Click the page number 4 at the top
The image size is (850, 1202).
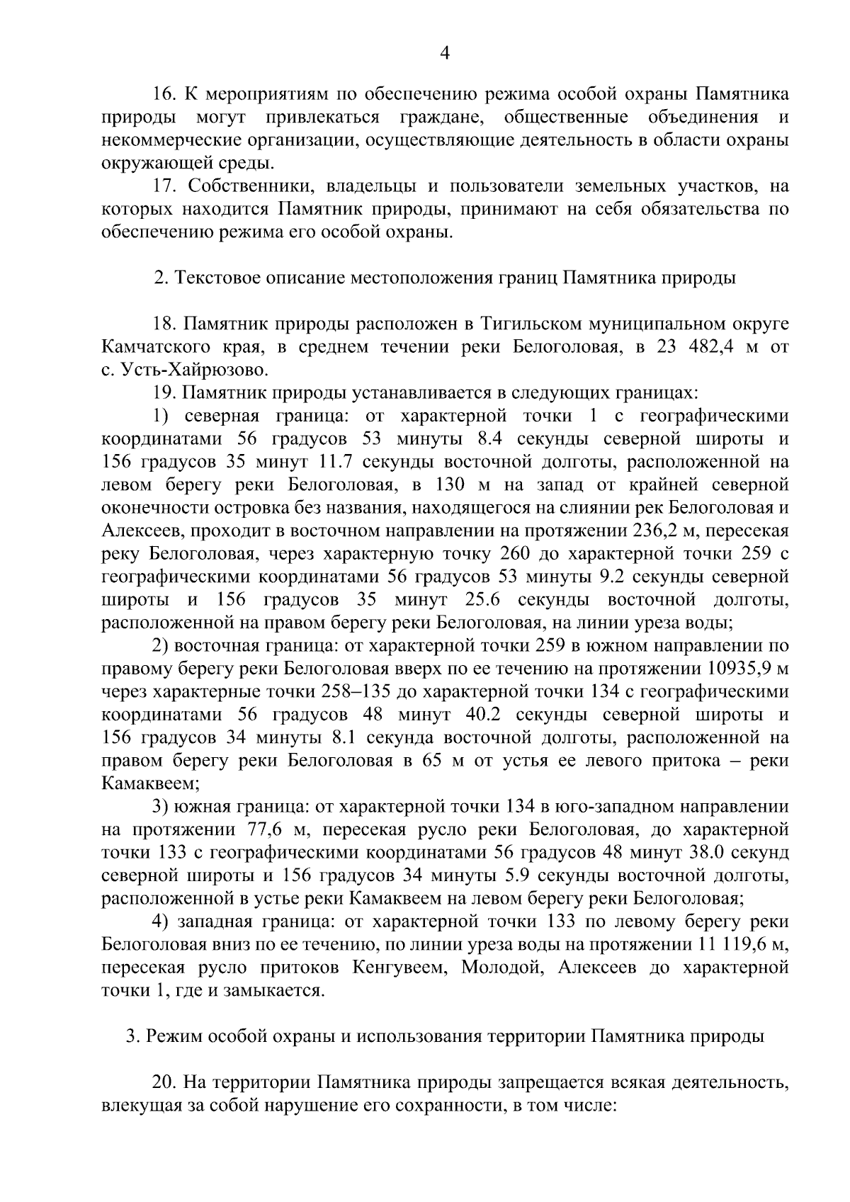[x=445, y=52]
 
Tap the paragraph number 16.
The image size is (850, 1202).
[x=164, y=93]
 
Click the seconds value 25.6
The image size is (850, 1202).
[x=475, y=600]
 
